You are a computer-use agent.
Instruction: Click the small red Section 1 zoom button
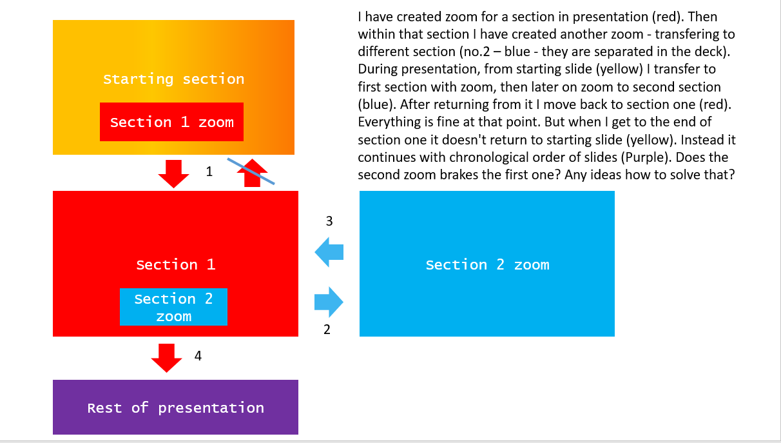pos(171,122)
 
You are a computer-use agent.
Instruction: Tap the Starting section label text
pos(173,79)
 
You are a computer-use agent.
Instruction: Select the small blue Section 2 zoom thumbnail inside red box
pos(173,307)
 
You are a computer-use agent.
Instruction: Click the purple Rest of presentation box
pos(175,408)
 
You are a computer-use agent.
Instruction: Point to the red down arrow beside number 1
pos(173,173)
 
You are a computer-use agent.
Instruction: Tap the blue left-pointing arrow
pos(329,251)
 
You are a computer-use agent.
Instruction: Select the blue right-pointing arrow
pos(329,302)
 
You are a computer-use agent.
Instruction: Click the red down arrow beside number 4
pos(167,357)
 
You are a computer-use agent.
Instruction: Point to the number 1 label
pos(209,172)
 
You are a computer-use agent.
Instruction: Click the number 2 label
pos(327,330)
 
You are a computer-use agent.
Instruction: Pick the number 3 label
pos(329,221)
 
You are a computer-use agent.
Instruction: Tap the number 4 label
pos(198,355)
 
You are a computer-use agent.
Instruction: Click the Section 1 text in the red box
pos(175,264)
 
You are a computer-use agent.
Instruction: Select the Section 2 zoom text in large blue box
pos(487,264)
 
